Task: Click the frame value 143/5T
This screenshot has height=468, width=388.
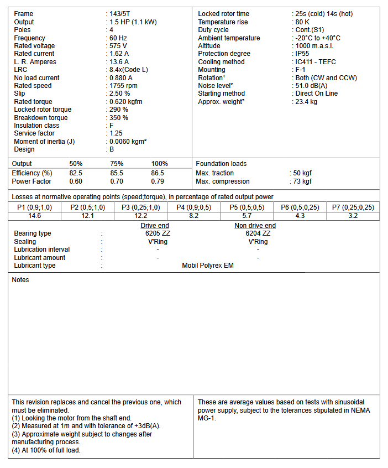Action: [x=121, y=14]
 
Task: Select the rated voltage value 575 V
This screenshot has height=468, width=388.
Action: [x=118, y=46]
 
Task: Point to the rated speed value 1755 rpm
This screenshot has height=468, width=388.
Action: [x=123, y=86]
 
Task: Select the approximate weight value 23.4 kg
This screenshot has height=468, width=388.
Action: [x=306, y=102]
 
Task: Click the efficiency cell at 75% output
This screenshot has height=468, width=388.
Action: [x=117, y=173]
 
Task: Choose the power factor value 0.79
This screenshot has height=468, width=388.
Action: [x=158, y=181]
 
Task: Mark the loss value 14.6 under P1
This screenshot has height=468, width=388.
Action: [x=35, y=216]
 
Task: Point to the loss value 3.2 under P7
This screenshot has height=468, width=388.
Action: [x=353, y=216]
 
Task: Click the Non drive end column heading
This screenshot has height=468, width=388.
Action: [x=255, y=226]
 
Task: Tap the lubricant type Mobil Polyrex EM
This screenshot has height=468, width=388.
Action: [x=208, y=266]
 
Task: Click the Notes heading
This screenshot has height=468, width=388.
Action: [x=20, y=280]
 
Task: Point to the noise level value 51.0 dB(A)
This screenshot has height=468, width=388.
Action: [x=311, y=86]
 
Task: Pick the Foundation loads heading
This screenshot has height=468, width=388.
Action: [x=221, y=164]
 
